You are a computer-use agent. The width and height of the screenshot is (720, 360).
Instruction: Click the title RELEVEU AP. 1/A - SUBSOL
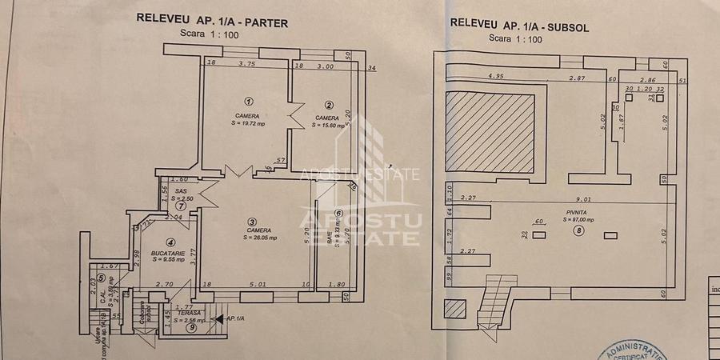[x=520, y=24]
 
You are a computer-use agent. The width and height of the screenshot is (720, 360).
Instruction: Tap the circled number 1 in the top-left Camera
[x=249, y=102]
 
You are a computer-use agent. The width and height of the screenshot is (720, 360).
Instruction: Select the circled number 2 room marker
[x=329, y=105]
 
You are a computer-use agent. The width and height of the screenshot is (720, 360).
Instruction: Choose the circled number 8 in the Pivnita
[x=578, y=231]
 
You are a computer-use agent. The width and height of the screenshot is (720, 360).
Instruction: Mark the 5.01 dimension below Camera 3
[x=258, y=283]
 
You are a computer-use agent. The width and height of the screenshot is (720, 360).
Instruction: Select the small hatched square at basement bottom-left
[x=454, y=309]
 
